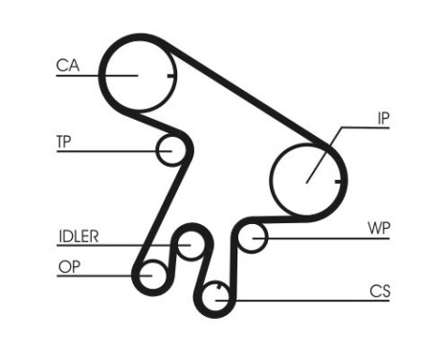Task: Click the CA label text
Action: [67, 65]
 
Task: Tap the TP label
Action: [64, 141]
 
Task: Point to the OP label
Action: [68, 267]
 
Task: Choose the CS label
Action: [380, 290]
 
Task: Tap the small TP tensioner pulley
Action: [170, 150]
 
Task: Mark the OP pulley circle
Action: [150, 276]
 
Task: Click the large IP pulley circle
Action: [306, 178]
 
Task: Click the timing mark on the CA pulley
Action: [168, 74]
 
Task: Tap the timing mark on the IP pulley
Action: [337, 179]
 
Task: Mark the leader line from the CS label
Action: [306, 300]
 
